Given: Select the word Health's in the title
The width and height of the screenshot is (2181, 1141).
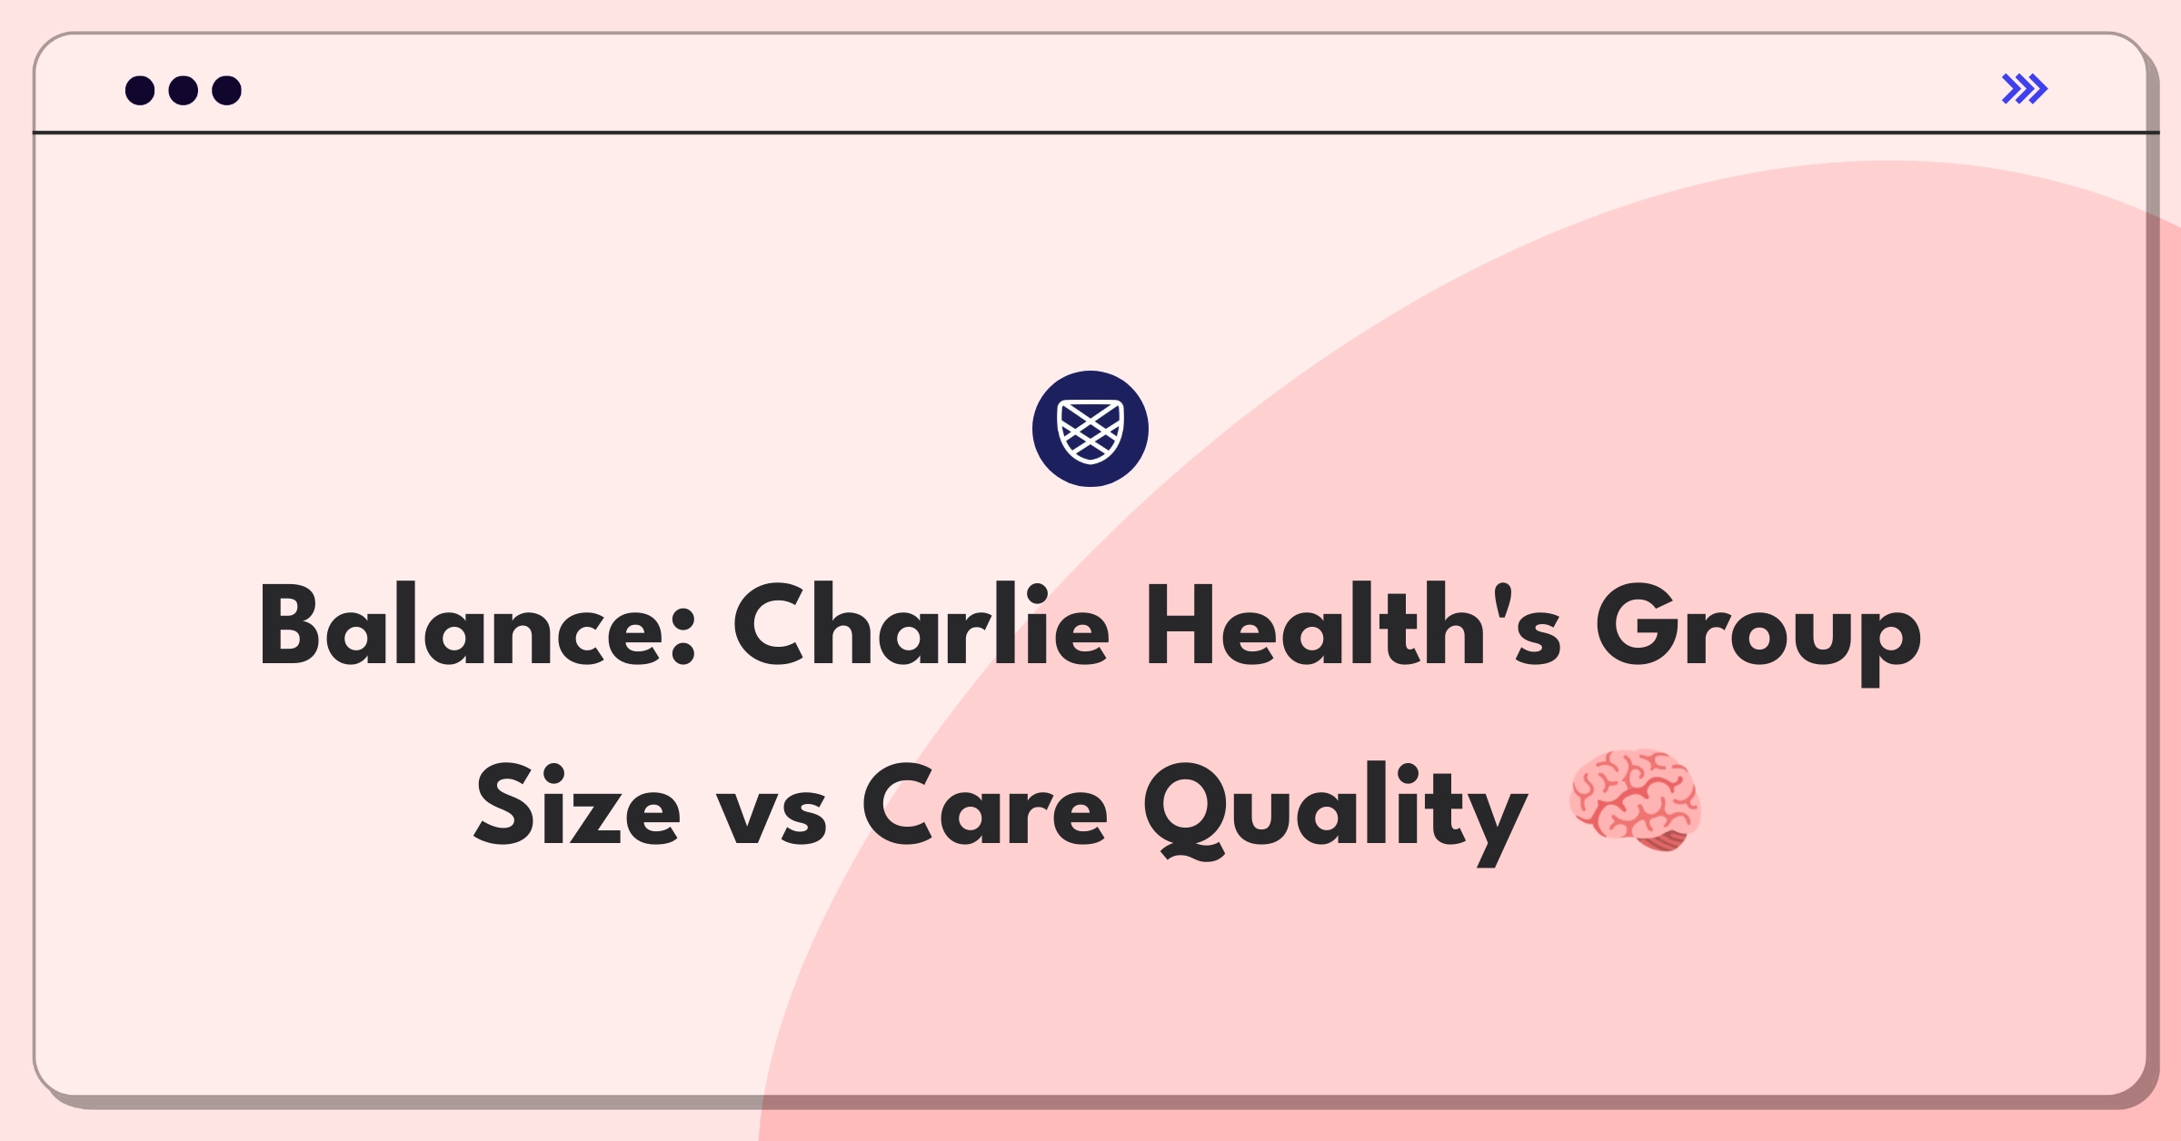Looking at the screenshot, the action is pyautogui.click(x=1354, y=626).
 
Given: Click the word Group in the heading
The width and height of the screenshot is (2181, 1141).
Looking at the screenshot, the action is pyautogui.click(x=1758, y=634).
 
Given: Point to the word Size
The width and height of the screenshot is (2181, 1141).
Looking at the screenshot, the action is pyautogui.click(x=577, y=804).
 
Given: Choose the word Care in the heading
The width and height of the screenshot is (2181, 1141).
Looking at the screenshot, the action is pyautogui.click(x=985, y=804).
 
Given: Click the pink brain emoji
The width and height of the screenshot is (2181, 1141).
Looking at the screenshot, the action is pyautogui.click(x=1636, y=800).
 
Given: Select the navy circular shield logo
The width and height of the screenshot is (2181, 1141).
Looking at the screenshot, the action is pyautogui.click(x=1090, y=429).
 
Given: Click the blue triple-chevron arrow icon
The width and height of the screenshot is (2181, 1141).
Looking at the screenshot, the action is pyautogui.click(x=2025, y=89).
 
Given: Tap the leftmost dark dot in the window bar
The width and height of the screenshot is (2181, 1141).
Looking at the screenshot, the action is pyautogui.click(x=140, y=90).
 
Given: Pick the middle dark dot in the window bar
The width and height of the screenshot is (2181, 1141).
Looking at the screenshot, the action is pyautogui.click(x=184, y=90).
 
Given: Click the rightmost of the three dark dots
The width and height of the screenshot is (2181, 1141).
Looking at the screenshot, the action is pyautogui.click(x=227, y=90).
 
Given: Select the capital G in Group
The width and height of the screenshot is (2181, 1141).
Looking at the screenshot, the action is pyautogui.click(x=1641, y=626).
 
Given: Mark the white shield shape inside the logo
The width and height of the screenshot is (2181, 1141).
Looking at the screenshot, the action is pyautogui.click(x=1090, y=431).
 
